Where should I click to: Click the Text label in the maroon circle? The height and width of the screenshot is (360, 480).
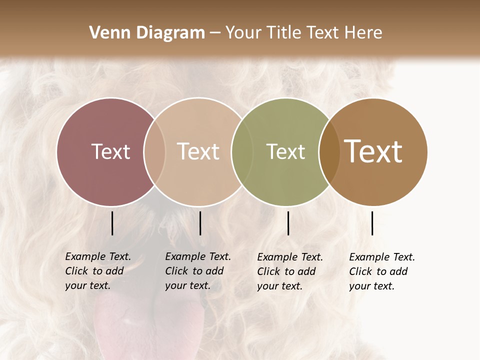click(110, 151)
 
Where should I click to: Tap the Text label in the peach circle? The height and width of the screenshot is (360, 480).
click(198, 151)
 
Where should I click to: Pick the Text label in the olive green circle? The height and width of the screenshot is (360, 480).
click(286, 151)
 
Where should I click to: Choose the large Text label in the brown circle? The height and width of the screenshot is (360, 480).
click(373, 151)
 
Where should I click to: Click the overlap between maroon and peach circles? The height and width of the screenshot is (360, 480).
click(154, 151)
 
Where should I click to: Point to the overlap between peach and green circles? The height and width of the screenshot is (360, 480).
click(242, 151)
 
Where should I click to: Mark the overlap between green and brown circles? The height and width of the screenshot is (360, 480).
click(329, 151)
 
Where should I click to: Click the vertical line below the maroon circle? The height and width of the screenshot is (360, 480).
click(112, 223)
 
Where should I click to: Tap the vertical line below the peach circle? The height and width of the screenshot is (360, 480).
click(200, 223)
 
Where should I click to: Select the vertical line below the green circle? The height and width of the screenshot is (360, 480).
click(288, 223)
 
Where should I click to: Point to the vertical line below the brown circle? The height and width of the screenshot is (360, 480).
click(372, 223)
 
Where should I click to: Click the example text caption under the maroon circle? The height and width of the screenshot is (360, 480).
click(97, 271)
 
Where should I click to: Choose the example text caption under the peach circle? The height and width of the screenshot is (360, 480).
click(197, 271)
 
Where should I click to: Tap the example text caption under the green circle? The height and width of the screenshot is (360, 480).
click(289, 271)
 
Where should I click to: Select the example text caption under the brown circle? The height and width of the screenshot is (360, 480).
click(381, 271)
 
